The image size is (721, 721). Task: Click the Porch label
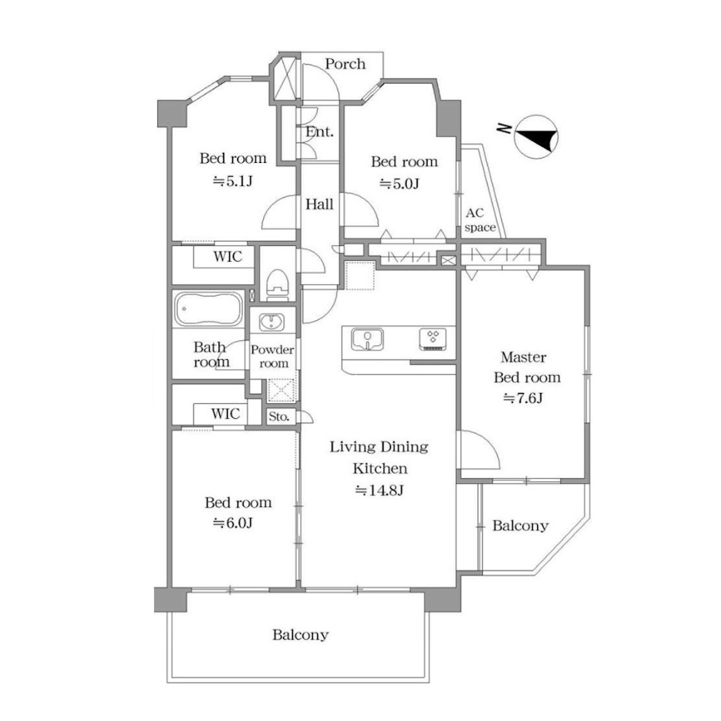click(345, 64)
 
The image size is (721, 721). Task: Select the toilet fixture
click(278, 284)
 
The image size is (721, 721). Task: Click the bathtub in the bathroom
click(209, 309)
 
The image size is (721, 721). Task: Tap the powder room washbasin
click(272, 322)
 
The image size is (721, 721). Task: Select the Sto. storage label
click(279, 417)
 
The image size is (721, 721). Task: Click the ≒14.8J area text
click(379, 490)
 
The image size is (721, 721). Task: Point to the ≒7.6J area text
click(523, 398)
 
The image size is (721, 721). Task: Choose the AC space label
click(479, 220)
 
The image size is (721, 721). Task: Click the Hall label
click(319, 204)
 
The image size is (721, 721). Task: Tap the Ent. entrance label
click(319, 132)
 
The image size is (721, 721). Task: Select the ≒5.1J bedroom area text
click(233, 181)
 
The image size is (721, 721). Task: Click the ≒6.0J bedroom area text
click(233, 523)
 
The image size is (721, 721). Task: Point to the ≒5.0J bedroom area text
click(399, 184)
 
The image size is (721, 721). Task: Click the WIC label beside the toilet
click(228, 256)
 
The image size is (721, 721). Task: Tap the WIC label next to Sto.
click(225, 413)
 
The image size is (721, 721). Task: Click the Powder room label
click(273, 356)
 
